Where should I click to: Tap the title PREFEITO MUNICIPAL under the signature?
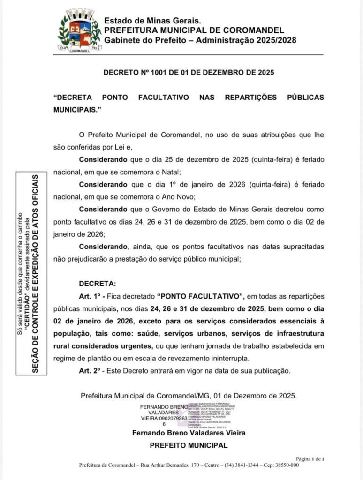click(189, 445)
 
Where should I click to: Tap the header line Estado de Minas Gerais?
click(152, 21)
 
